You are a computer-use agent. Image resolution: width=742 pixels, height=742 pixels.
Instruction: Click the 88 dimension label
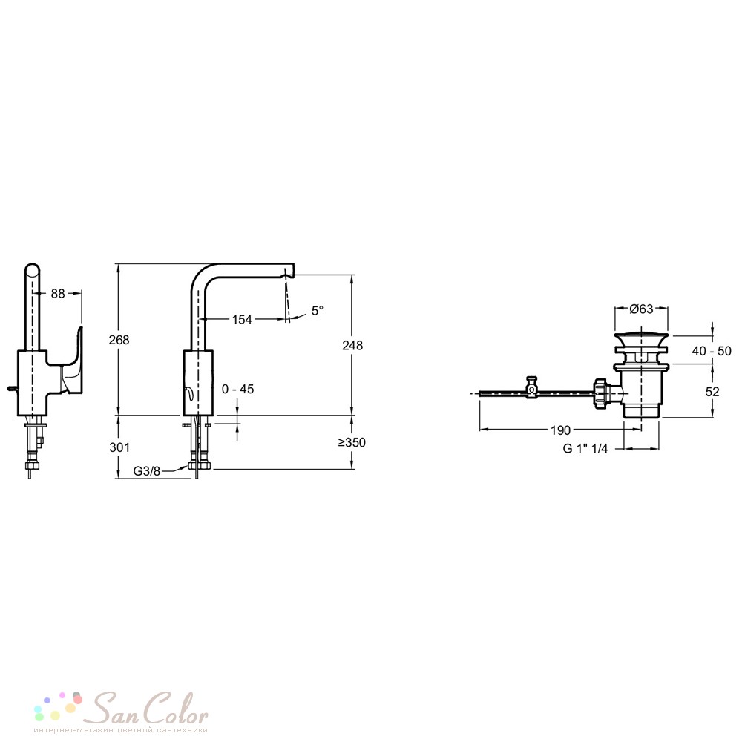click(x=58, y=294)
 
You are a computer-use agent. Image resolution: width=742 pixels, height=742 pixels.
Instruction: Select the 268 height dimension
click(x=119, y=340)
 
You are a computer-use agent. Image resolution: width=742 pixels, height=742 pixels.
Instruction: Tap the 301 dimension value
click(x=119, y=447)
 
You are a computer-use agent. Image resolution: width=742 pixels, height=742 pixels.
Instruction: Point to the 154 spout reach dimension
click(x=242, y=320)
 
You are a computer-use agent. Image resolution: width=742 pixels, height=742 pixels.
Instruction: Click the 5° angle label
click(x=318, y=310)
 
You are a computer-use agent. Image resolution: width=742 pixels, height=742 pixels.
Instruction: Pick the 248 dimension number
click(x=352, y=346)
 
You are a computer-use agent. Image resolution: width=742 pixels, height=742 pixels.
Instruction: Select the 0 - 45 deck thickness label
click(x=238, y=389)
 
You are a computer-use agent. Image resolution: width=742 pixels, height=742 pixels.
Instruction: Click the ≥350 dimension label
click(x=352, y=442)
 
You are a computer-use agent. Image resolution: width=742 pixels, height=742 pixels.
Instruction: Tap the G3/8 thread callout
click(x=147, y=471)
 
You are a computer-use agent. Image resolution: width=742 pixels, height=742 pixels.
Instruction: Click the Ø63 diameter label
click(x=641, y=309)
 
